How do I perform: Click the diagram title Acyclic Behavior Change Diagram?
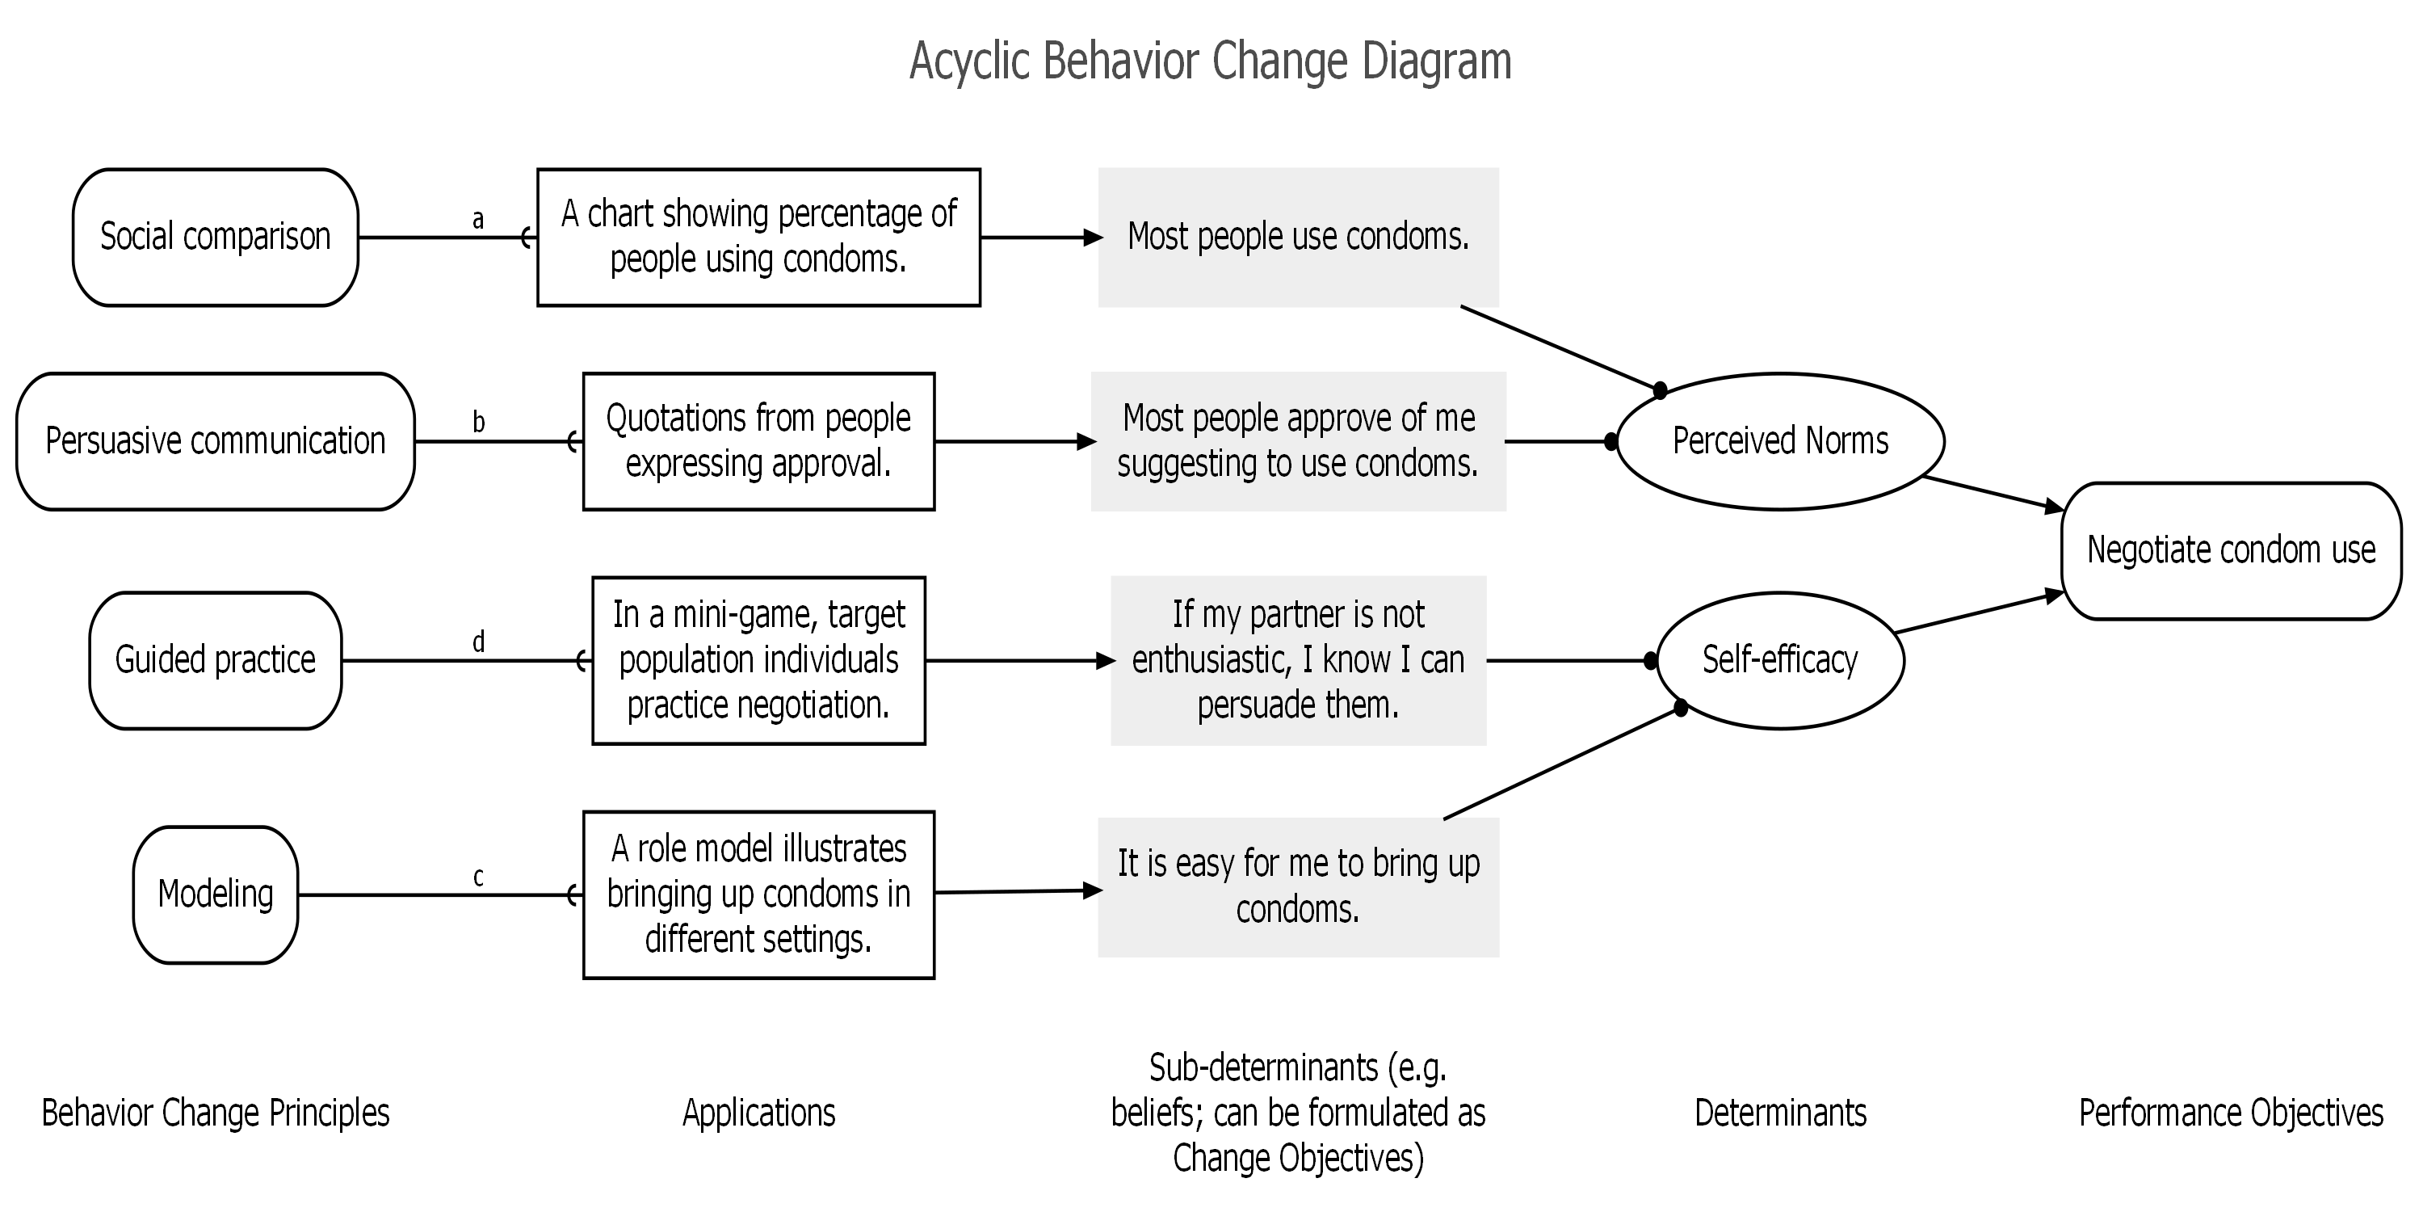[1211, 62]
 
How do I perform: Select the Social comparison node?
[216, 237]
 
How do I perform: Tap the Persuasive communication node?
[216, 441]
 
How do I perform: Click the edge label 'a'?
[478, 219]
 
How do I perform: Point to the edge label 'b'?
[479, 422]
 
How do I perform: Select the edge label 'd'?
[479, 642]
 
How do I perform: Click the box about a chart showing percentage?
[759, 237]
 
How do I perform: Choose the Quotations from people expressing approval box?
[759, 441]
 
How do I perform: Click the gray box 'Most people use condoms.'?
[1298, 237]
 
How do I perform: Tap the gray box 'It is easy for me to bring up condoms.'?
[1298, 887]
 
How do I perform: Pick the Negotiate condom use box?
[2231, 551]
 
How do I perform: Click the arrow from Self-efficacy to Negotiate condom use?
[1979, 612]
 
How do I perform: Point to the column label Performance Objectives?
[2231, 1113]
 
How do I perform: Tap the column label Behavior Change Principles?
[216, 1113]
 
